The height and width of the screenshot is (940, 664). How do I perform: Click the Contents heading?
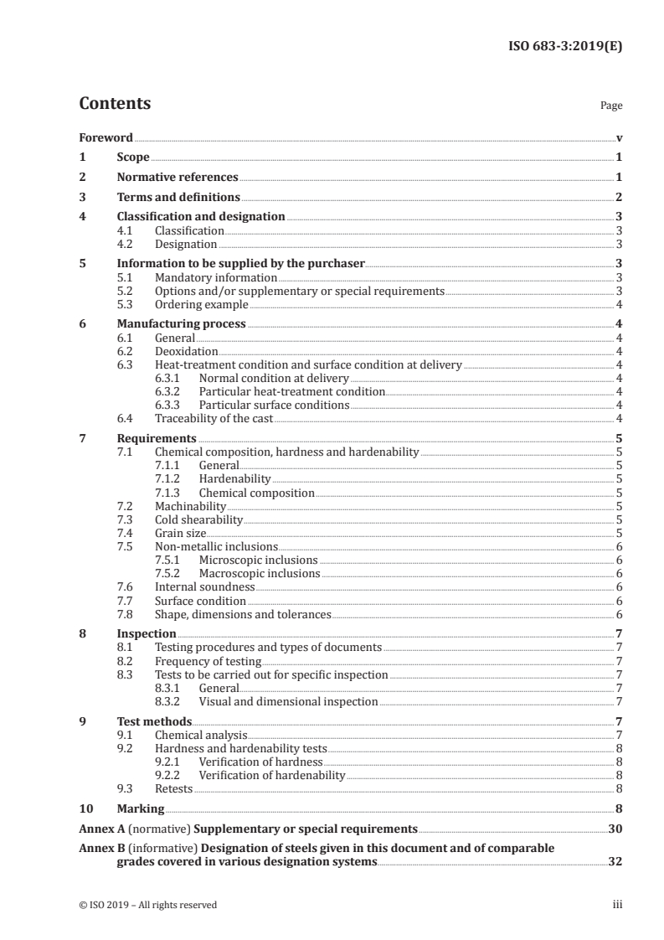tap(115, 104)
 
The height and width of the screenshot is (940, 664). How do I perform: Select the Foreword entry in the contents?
tap(106, 137)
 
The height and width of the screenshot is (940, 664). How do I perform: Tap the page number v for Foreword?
tap(619, 137)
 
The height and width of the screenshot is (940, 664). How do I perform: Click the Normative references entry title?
tap(178, 178)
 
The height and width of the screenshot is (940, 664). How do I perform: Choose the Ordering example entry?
tap(201, 304)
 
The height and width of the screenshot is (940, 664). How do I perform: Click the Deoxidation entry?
tap(186, 351)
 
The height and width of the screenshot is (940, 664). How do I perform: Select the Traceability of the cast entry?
tap(214, 418)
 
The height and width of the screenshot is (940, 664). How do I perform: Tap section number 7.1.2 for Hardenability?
tap(170, 478)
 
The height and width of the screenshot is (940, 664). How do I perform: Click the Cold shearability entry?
tap(198, 519)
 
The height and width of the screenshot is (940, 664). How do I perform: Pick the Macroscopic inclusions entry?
tap(259, 573)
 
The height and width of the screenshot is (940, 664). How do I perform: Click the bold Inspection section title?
tap(147, 633)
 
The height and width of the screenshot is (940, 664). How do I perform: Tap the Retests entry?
tap(173, 788)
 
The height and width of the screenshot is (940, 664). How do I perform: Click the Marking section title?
tap(140, 808)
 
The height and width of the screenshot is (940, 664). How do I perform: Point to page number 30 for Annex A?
tap(615, 829)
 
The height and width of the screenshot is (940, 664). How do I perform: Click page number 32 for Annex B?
tap(615, 861)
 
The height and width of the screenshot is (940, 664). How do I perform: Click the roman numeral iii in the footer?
tap(617, 905)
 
